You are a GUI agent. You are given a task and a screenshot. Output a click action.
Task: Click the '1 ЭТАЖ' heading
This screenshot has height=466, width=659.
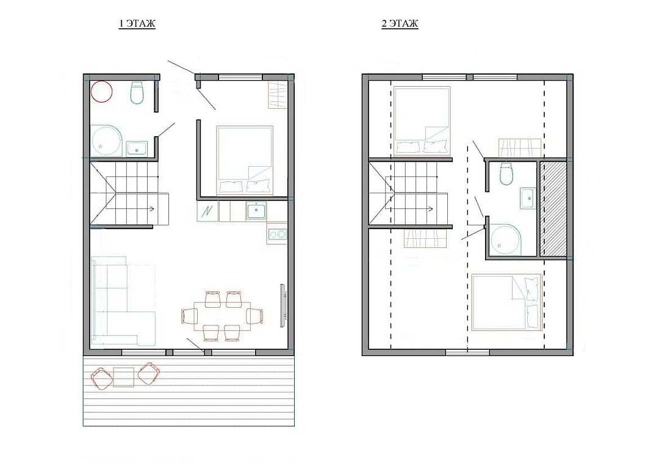point(137,24)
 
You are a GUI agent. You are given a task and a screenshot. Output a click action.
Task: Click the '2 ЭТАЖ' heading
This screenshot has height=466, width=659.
point(400,24)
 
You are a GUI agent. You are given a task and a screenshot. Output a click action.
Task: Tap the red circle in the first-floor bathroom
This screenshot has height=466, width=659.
point(102,91)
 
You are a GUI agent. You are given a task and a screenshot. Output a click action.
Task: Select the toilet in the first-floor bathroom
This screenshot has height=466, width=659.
point(137,92)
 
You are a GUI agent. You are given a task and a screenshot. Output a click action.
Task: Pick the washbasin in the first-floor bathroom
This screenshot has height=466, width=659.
point(137,148)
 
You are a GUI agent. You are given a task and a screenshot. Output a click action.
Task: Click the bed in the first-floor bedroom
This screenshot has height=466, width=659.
point(245,161)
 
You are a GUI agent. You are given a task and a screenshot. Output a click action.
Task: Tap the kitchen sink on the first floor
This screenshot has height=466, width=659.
point(256,210)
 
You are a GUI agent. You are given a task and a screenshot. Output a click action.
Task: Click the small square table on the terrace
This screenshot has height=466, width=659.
point(123,377)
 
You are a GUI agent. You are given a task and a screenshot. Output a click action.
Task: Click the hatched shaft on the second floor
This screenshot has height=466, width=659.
point(553,208)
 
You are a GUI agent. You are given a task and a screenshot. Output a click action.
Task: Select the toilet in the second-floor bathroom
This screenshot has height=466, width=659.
point(506,173)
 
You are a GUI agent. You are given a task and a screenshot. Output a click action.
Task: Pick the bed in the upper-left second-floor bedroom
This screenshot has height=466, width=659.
point(422,121)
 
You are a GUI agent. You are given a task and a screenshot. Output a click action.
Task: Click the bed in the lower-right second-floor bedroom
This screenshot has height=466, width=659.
point(506,303)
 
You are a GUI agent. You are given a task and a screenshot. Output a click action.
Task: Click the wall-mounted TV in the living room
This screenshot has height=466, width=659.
point(283,305)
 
